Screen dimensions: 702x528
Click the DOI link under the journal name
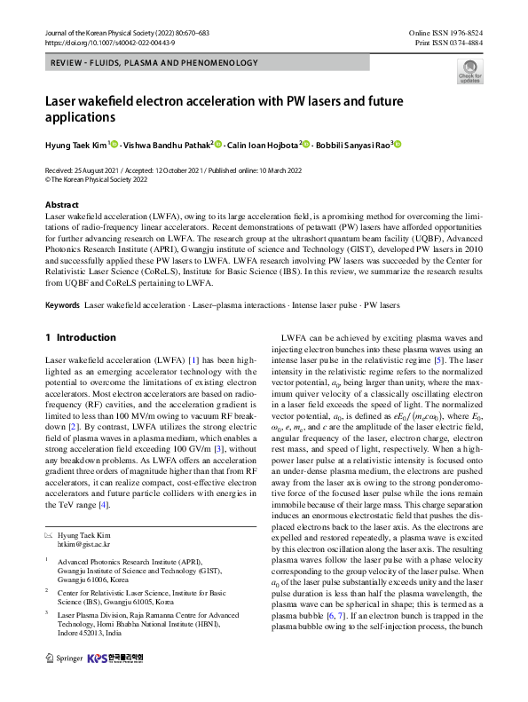[99, 42]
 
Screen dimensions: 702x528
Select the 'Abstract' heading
[61, 204]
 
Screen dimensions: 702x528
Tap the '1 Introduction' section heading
[80, 337]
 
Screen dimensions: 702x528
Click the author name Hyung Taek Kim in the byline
[76, 145]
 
